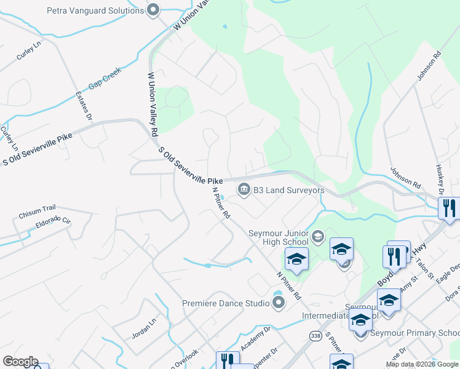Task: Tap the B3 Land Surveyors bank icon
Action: [243, 189]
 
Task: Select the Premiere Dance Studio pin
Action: [279, 303]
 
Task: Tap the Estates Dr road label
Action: [84, 106]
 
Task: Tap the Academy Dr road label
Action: [255, 339]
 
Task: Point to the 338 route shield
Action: [315, 336]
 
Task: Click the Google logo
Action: [20, 362]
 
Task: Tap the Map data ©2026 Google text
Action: [421, 364]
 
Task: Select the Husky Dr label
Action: [440, 180]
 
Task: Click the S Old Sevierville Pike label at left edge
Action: [37, 149]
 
